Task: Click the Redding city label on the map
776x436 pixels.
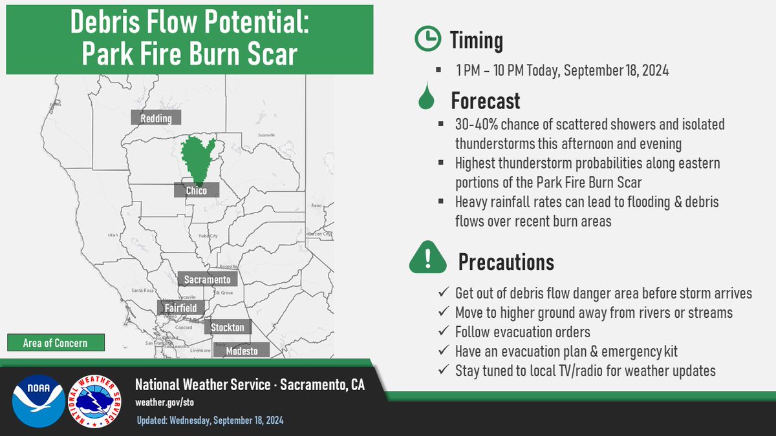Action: (156, 118)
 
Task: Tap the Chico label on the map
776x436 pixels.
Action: (196, 191)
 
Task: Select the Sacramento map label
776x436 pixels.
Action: (208, 280)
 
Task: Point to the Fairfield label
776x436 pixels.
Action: (180, 308)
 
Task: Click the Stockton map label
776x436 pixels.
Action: (228, 327)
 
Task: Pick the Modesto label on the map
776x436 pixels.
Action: (242, 351)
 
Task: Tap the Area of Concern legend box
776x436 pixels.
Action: (56, 342)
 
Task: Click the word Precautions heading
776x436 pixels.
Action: (506, 262)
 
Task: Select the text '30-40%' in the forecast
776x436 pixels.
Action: (476, 123)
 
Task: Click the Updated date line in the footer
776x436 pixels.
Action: (210, 420)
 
